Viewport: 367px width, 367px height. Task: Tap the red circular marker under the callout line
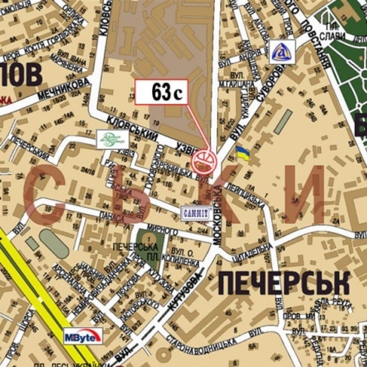(x=203, y=161)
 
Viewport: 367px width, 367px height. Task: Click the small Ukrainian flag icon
(x=243, y=155)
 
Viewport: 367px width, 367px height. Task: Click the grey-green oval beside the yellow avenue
(x=52, y=243)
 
